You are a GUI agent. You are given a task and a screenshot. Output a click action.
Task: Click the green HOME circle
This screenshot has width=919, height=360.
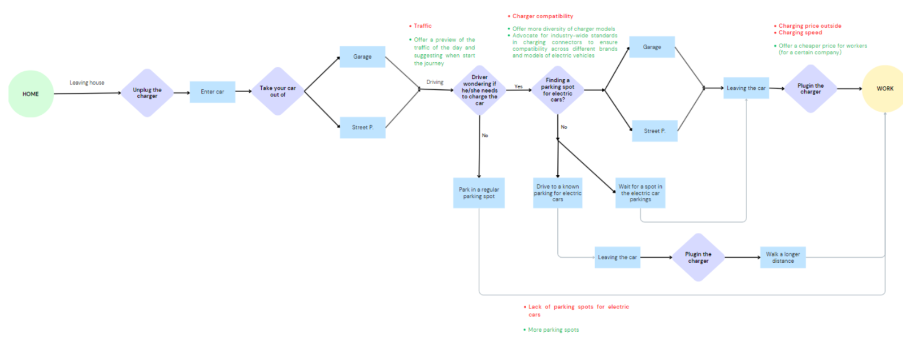[x=31, y=94]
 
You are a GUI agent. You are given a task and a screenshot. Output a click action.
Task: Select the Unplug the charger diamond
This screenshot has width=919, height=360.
[x=147, y=93]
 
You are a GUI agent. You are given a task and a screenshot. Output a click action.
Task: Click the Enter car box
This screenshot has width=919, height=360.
[x=213, y=92]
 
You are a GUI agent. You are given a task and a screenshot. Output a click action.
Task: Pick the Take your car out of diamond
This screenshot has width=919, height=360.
[x=278, y=91]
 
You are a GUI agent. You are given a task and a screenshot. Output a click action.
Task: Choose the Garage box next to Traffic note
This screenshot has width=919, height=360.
[x=362, y=57]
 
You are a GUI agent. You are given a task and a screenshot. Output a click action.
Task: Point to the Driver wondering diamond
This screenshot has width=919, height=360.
[x=479, y=90]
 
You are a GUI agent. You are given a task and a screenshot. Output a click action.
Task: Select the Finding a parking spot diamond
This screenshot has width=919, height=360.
[x=557, y=90]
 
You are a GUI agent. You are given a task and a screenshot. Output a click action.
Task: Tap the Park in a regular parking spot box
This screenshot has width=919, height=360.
[x=479, y=193]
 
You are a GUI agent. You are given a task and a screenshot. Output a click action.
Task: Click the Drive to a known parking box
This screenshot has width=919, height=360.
[x=557, y=193]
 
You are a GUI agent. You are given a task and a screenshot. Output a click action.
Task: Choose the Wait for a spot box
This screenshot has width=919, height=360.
[x=640, y=193]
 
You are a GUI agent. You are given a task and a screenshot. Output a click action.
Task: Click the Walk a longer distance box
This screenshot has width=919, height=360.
[x=783, y=258]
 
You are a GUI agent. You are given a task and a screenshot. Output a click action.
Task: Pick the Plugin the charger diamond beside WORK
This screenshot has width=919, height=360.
[x=810, y=89]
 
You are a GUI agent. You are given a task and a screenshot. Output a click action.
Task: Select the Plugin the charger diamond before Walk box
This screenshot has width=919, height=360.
[x=698, y=258]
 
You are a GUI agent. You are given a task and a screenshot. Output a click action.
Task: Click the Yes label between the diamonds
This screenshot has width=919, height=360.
[x=519, y=86]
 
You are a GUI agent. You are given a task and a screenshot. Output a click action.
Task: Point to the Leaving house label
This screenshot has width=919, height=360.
[x=87, y=83]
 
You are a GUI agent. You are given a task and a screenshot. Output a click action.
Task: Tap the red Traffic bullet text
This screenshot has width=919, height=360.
[x=423, y=26]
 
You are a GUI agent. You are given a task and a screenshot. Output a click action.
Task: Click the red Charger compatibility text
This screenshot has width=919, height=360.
[x=543, y=16]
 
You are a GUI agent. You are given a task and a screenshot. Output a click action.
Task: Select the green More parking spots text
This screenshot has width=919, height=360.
[x=553, y=329]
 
